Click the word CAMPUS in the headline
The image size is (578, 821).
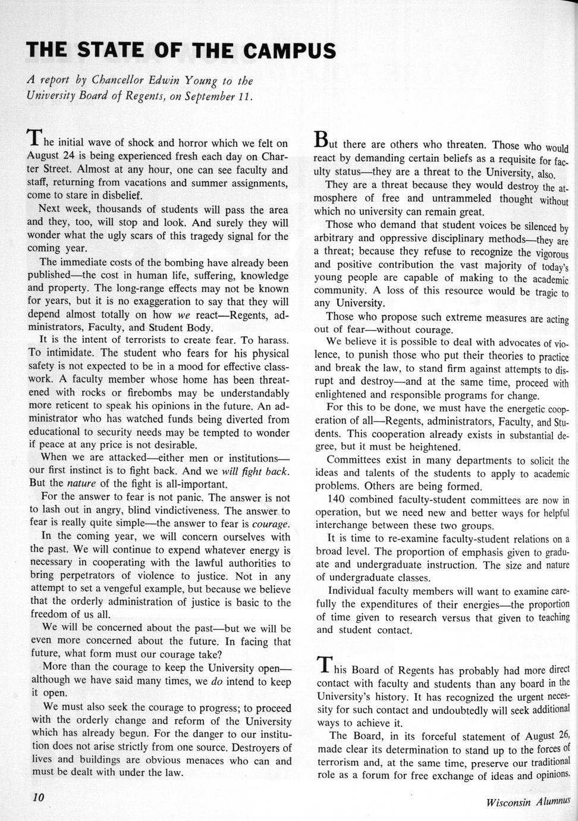(x=289, y=52)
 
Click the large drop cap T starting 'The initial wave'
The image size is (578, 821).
(x=34, y=137)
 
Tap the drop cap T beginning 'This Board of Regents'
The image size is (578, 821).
(x=324, y=664)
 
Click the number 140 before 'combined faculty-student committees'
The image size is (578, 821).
(x=337, y=500)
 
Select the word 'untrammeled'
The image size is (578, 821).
(x=460, y=199)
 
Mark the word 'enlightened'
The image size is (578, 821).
(x=343, y=396)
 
